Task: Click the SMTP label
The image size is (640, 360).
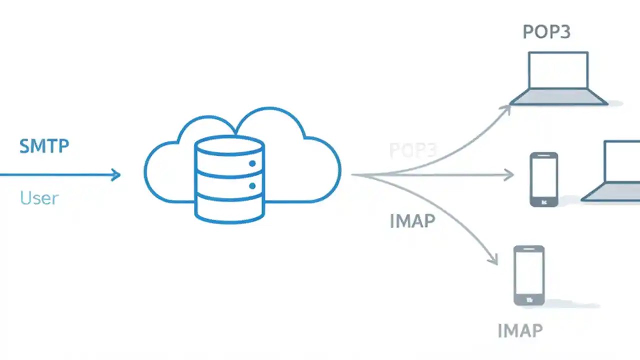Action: pyautogui.click(x=44, y=146)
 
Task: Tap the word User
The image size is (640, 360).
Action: pyautogui.click(x=39, y=198)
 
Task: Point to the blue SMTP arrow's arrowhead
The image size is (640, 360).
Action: pyautogui.click(x=116, y=174)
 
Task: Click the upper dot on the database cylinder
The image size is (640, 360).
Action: pyautogui.click(x=252, y=163)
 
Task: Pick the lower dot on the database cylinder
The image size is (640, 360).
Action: pyautogui.click(x=252, y=186)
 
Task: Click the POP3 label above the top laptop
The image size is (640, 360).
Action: pyautogui.click(x=546, y=32)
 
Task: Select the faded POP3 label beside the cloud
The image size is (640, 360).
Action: pyautogui.click(x=413, y=150)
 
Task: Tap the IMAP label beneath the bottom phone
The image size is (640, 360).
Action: pyautogui.click(x=520, y=330)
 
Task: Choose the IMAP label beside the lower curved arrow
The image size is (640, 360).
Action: pyautogui.click(x=412, y=220)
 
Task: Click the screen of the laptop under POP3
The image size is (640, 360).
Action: pyautogui.click(x=558, y=69)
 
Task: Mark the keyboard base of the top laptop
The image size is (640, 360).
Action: pyautogui.click(x=558, y=97)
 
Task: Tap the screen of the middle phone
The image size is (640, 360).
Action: pyautogui.click(x=543, y=176)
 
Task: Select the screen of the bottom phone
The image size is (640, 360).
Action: pyautogui.click(x=529, y=271)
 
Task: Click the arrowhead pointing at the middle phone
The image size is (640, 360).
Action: pyautogui.click(x=509, y=174)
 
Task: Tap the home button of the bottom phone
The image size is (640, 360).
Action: pyautogui.click(x=529, y=300)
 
